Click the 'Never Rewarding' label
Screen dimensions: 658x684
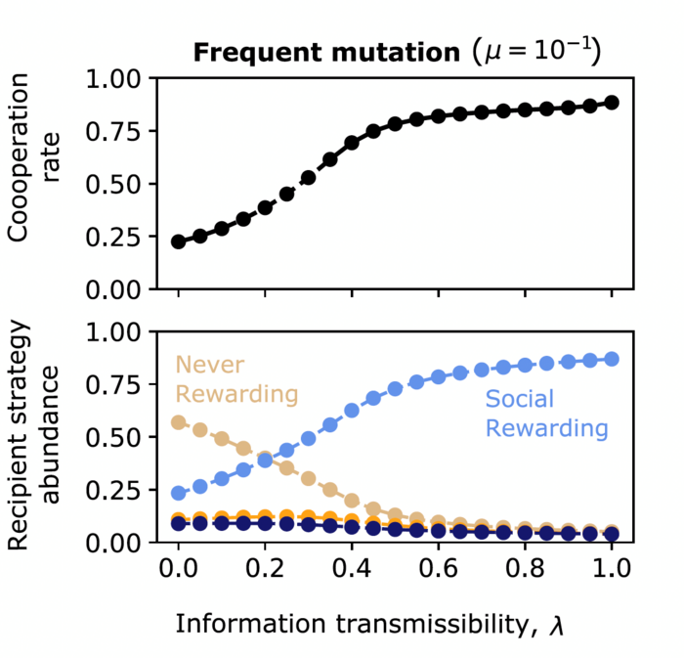pyautogui.click(x=235, y=380)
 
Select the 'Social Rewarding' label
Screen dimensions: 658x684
pyautogui.click(x=546, y=414)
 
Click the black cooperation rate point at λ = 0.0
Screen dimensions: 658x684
pyautogui.click(x=178, y=241)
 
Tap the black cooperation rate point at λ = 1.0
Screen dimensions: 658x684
pyautogui.click(x=612, y=103)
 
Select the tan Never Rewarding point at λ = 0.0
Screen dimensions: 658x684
pyautogui.click(x=178, y=422)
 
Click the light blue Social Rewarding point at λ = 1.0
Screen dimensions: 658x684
pyautogui.click(x=612, y=359)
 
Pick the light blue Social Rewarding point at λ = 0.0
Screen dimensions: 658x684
pyautogui.click(x=178, y=494)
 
